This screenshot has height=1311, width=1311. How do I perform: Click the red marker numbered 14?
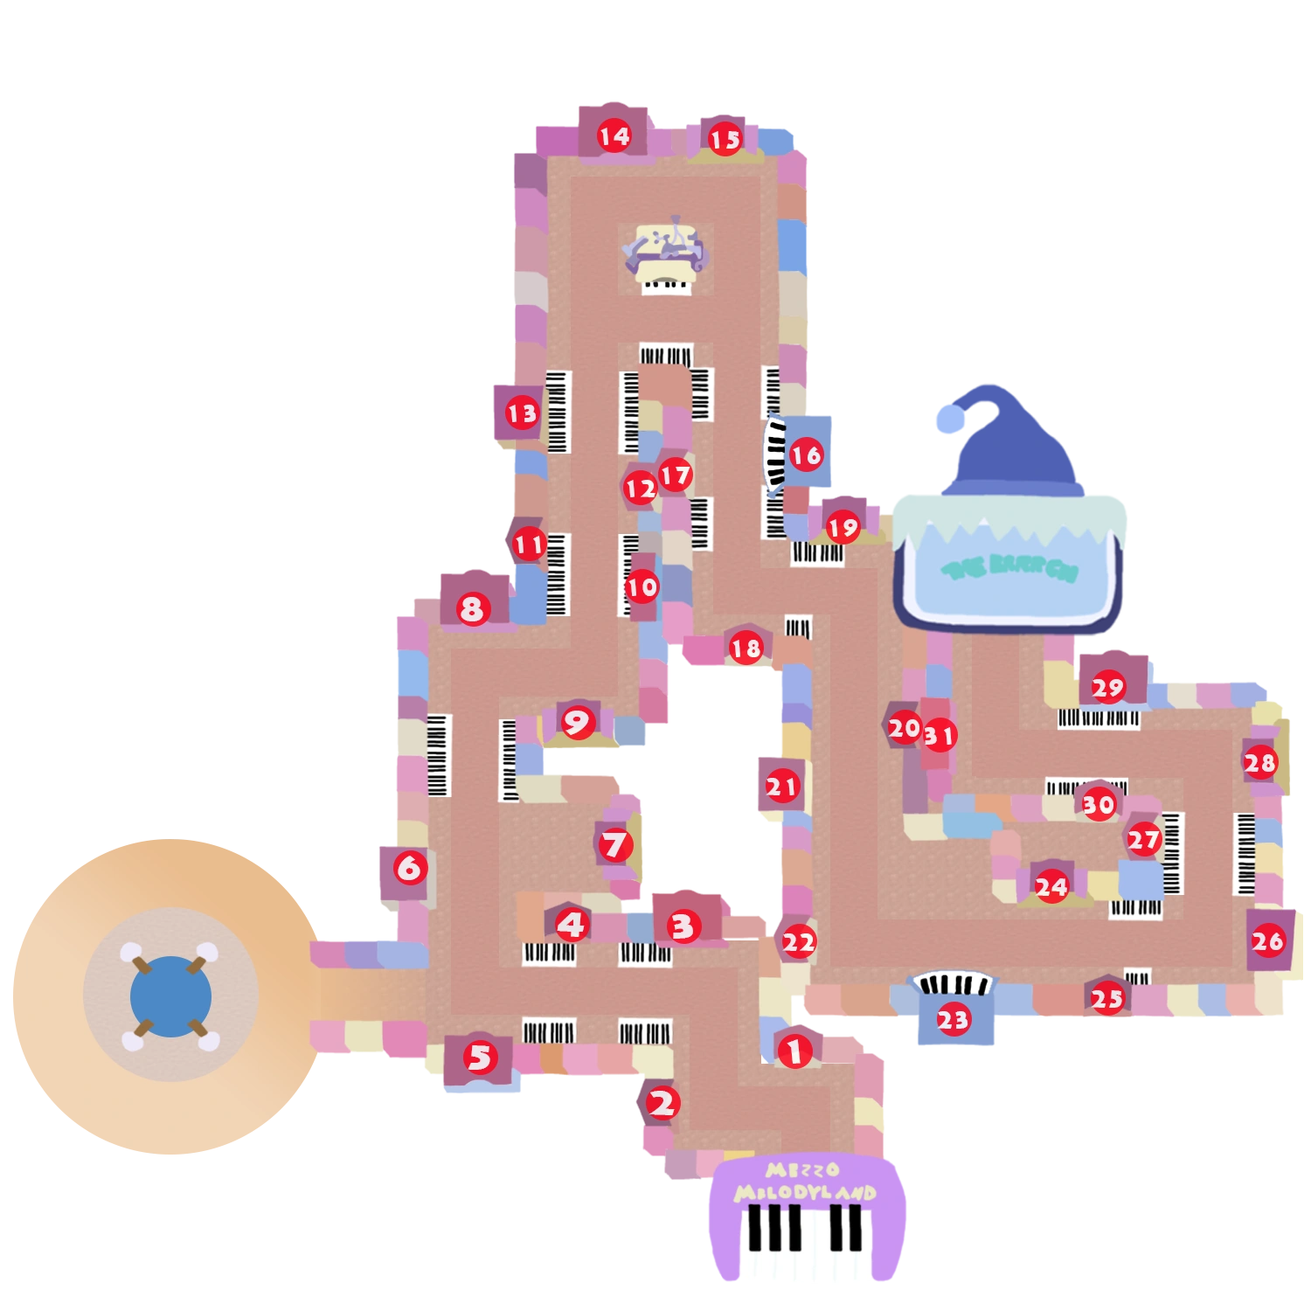click(x=614, y=135)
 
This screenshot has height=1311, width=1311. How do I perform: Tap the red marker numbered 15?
click(x=725, y=139)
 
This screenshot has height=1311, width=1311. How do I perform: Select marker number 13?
click(x=522, y=413)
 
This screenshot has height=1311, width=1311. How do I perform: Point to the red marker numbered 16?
click(x=806, y=454)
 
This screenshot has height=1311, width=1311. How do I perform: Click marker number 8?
click(x=472, y=608)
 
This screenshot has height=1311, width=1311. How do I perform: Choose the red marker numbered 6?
click(x=409, y=868)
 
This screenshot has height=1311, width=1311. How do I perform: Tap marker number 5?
click(x=480, y=1058)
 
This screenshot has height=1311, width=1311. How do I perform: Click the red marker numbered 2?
click(x=662, y=1103)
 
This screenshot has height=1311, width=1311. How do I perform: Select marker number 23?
click(x=953, y=1019)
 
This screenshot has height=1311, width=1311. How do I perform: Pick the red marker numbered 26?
click(x=1267, y=941)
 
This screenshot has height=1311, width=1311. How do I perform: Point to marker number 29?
click(x=1107, y=688)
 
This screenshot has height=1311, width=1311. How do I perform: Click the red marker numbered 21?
click(x=781, y=787)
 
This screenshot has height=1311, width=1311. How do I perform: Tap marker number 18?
click(x=746, y=649)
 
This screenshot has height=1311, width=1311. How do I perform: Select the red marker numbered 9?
click(x=577, y=722)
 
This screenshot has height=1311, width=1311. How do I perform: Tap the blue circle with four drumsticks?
click(x=170, y=996)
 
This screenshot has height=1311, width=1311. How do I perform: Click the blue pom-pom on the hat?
click(x=951, y=422)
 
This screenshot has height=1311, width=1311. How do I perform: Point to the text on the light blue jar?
click(x=1009, y=569)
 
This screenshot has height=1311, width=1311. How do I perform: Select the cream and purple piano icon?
click(x=666, y=253)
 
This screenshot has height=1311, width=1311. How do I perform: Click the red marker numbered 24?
click(x=1051, y=888)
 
